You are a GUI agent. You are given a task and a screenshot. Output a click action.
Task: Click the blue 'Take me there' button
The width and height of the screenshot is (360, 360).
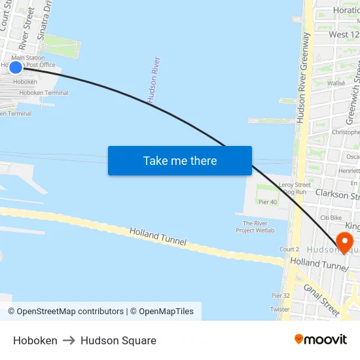coord(180,161)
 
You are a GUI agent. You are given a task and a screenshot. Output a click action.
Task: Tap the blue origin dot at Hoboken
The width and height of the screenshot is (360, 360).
coord(16,67)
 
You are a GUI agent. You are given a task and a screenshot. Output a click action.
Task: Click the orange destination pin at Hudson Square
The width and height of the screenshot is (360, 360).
coord(342,243)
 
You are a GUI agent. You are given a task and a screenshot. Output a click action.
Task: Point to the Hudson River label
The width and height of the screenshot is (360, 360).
coord(154,81)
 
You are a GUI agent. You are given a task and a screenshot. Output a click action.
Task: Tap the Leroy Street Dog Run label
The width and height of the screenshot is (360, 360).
coord(294,189)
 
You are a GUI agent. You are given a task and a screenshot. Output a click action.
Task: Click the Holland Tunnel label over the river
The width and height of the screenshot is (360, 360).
coord(158,236)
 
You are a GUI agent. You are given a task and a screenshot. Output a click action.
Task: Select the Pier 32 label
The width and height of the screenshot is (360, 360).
coord(280,295)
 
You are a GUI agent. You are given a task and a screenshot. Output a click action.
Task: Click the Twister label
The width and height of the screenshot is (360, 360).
coord(279,309)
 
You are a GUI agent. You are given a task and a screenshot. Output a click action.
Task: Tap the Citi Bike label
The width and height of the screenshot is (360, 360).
coord(331,217)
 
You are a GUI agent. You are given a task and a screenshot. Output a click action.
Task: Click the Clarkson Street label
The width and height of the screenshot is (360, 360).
coord(337,195)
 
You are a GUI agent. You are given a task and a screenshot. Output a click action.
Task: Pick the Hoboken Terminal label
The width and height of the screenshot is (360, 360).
coord(44,93)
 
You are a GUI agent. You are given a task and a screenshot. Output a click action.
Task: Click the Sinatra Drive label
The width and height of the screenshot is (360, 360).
coord(45,20)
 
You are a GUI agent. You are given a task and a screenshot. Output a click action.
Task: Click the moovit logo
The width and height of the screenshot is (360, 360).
coord(321,339)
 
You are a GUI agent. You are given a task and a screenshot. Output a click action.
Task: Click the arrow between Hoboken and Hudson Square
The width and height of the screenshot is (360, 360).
coord(69,340)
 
